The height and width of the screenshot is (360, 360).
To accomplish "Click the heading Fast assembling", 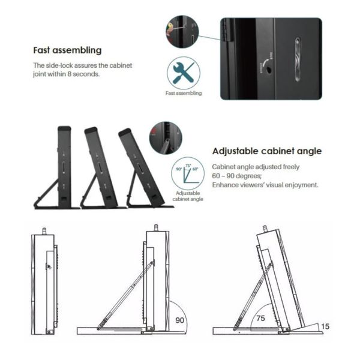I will click(67, 50).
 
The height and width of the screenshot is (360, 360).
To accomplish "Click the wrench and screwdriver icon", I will click(183, 73).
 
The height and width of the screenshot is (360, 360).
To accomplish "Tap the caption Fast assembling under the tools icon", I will click(183, 94).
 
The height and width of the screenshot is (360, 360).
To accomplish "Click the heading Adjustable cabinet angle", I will click(267, 151).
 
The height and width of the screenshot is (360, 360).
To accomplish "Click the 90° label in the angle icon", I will click(178, 169).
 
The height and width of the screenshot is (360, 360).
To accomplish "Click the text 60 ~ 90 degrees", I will click(236, 176).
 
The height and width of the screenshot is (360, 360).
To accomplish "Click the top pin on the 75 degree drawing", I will click(265, 229).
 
